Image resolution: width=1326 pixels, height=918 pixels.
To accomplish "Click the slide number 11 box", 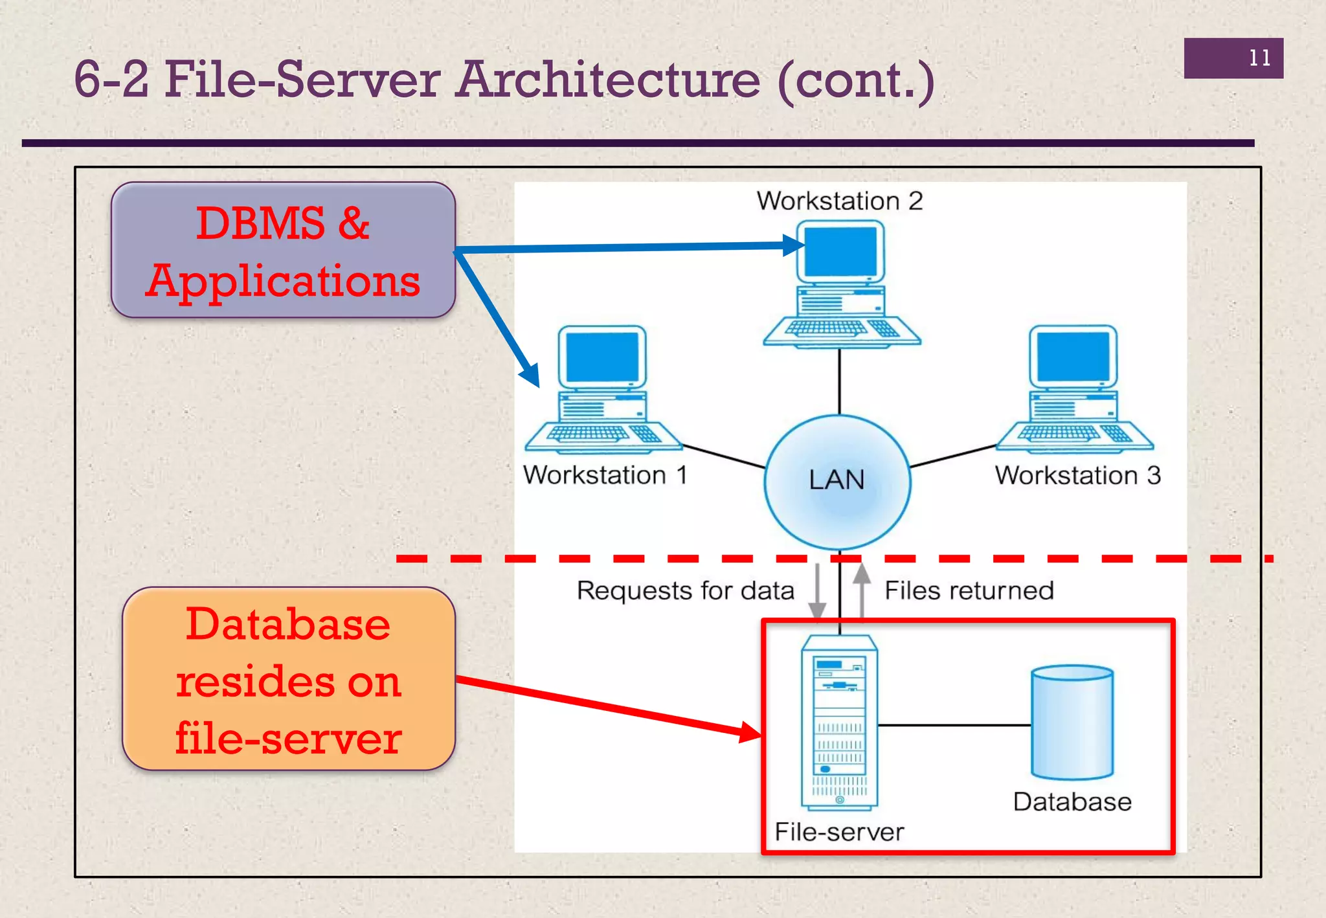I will click(x=1233, y=58).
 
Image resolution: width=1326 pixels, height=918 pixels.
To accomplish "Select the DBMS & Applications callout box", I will click(x=283, y=250).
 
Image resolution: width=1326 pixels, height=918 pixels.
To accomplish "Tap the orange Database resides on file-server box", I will click(x=289, y=679).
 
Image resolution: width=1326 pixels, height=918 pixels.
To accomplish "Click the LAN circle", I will click(x=837, y=482).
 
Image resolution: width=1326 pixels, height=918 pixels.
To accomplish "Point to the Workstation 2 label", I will click(x=839, y=201).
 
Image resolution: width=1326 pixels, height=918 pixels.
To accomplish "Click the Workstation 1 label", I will click(x=605, y=475).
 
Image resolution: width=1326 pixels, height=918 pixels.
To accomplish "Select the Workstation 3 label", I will click(x=1077, y=475).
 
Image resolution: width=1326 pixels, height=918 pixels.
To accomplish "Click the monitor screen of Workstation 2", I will click(x=840, y=252).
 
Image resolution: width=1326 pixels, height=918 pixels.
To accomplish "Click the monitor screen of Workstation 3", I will click(x=1073, y=357).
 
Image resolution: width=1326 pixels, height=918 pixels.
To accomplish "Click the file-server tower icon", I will click(x=839, y=722).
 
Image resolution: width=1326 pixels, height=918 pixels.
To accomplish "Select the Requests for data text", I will click(x=685, y=590).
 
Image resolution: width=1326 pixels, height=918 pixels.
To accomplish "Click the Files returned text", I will click(x=969, y=590).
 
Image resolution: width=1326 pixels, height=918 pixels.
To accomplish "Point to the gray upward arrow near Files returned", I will click(x=861, y=589).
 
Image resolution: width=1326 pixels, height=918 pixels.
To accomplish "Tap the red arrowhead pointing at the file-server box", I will click(x=751, y=732).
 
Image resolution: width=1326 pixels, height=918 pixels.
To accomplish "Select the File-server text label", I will click(x=839, y=832).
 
